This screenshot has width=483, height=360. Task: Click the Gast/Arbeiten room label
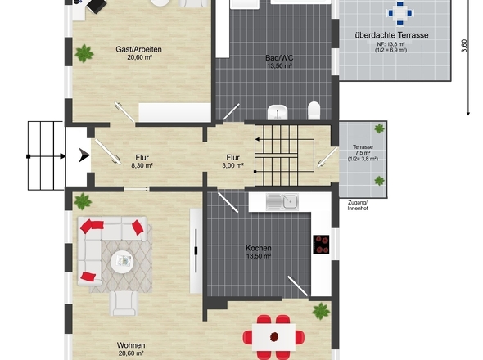138,49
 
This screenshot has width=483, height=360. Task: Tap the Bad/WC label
279,58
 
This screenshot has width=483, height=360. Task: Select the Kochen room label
259,248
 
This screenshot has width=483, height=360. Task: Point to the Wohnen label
131,345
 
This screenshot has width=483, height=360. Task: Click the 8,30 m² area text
142,165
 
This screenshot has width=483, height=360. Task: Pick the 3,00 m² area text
232,165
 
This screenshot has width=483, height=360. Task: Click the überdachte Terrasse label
391,35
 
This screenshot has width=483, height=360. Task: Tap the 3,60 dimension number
464,46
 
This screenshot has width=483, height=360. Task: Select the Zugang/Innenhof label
358,205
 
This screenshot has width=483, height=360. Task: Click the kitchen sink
282,202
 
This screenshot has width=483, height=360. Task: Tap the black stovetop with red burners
321,245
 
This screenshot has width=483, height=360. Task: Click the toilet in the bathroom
314,110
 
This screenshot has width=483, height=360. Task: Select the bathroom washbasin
278,112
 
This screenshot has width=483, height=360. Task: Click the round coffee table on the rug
122,262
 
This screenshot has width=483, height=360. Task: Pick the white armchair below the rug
124,303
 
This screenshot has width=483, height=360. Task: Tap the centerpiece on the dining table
274,337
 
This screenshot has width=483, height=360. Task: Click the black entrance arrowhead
84,155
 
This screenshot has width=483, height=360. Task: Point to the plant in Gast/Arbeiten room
84,53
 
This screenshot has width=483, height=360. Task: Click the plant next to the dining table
321,311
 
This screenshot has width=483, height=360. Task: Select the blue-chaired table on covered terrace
399,13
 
